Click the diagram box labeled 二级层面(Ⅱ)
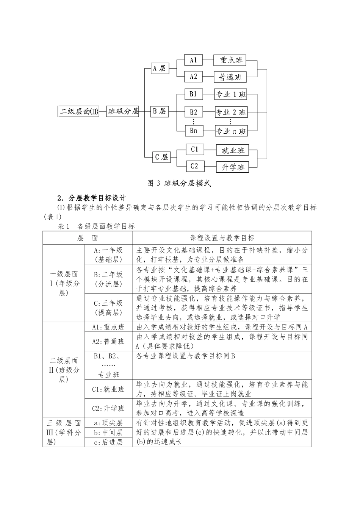(x=79, y=111)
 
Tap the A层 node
(x=159, y=69)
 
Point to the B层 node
(x=159, y=111)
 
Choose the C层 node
(x=161, y=157)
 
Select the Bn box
(x=194, y=131)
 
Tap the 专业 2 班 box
(x=231, y=112)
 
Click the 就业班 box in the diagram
(x=233, y=150)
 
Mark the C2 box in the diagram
(x=194, y=166)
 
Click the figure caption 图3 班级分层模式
(x=179, y=184)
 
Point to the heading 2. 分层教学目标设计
(x=92, y=198)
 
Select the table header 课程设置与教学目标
(x=222, y=238)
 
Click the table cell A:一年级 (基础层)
(x=108, y=255)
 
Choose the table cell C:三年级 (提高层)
(x=108, y=308)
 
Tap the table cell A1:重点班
(x=108, y=327)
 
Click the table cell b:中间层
(x=108, y=432)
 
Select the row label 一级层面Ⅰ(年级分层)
(x=64, y=284)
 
